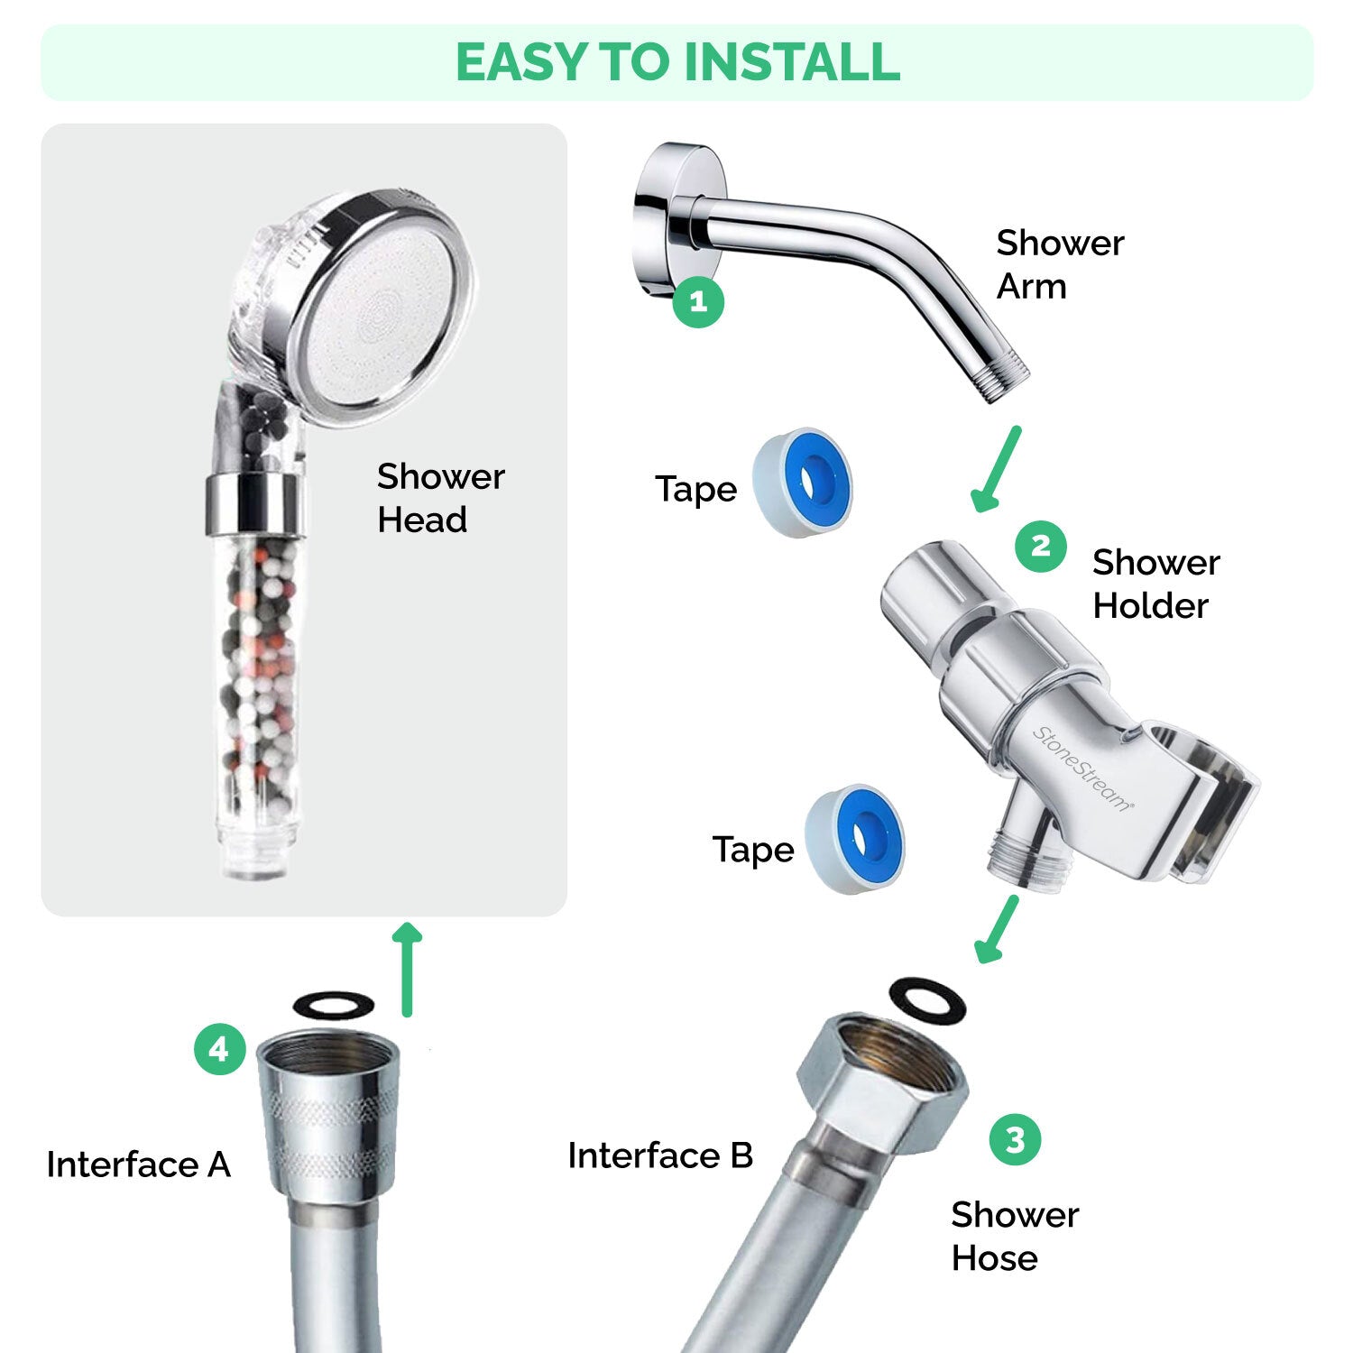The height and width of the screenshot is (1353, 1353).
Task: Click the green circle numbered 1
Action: tap(698, 301)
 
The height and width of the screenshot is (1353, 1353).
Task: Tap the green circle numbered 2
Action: tap(1040, 547)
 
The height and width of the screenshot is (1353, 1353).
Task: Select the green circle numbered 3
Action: tap(1015, 1139)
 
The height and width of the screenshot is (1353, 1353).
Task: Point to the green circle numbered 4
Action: tap(219, 1049)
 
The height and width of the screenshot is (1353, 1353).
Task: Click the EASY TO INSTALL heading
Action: tap(677, 62)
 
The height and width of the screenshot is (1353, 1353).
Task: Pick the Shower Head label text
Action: tap(440, 498)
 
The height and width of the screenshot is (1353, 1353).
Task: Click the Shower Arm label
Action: tap(1059, 264)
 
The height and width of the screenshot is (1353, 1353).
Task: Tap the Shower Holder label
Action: tap(1155, 584)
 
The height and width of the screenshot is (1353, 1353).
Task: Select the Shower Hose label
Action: tap(1014, 1237)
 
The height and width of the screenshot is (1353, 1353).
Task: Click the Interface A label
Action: tap(139, 1164)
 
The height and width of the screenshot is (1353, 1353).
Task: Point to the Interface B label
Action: tap(660, 1155)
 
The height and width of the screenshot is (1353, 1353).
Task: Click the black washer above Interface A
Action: tap(334, 1003)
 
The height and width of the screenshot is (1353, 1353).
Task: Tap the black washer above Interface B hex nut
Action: tap(927, 1000)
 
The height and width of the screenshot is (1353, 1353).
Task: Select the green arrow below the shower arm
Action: tap(997, 469)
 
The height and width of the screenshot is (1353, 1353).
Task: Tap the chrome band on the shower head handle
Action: tap(251, 502)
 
